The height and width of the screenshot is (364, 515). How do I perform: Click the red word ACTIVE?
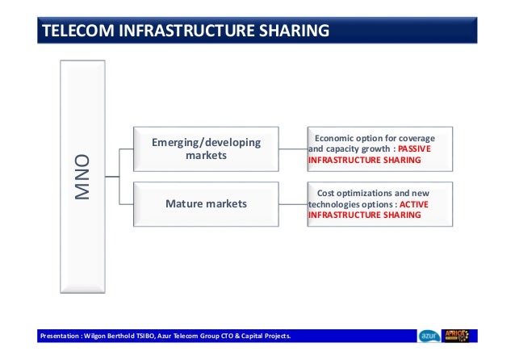[414, 204]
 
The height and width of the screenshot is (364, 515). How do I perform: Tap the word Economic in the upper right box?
[337, 137]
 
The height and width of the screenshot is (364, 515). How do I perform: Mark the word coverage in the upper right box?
[410, 137]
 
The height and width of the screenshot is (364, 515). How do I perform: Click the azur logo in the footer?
[429, 336]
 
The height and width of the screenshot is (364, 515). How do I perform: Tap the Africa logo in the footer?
[459, 336]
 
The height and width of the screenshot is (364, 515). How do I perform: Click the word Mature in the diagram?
[183, 204]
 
